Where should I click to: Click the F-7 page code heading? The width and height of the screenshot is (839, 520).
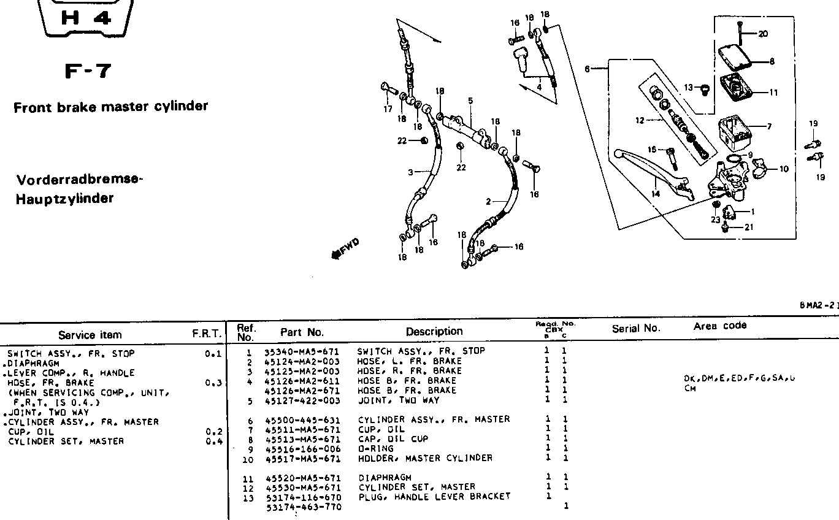[90, 71]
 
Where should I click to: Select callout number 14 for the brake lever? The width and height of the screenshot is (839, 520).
[656, 193]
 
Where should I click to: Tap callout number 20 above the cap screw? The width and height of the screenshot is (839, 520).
[762, 34]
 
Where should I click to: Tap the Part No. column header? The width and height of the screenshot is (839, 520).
[302, 332]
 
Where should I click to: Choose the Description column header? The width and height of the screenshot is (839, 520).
[434, 332]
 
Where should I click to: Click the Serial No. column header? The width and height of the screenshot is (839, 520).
[636, 329]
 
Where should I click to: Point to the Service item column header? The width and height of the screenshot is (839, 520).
[90, 335]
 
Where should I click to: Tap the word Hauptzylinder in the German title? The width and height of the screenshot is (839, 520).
[65, 199]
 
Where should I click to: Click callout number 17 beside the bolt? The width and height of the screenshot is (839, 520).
[388, 110]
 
